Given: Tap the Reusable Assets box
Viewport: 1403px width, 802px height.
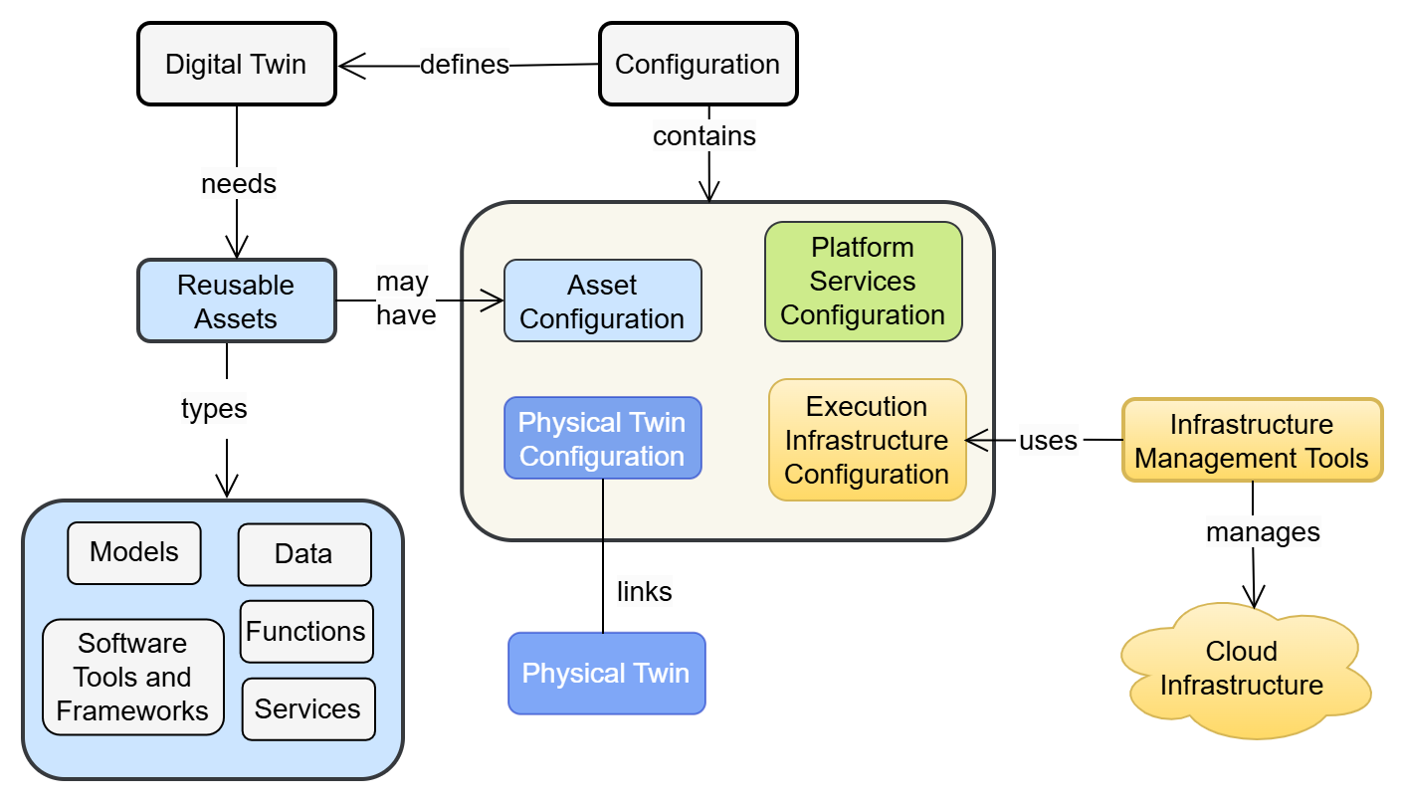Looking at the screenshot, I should pyautogui.click(x=236, y=301).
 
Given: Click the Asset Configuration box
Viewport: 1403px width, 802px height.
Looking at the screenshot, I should pyautogui.click(x=602, y=302).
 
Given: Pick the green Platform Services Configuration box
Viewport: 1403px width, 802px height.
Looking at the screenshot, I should pyautogui.click(x=863, y=282).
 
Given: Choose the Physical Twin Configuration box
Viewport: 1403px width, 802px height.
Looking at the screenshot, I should pyautogui.click(x=602, y=439).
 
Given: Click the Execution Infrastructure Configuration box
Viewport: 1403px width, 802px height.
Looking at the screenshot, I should pyautogui.click(x=867, y=440).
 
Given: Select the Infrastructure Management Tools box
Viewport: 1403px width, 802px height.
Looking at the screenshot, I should pyautogui.click(x=1252, y=441).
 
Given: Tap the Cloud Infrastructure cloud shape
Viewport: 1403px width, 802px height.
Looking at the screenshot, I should pyautogui.click(x=1243, y=669).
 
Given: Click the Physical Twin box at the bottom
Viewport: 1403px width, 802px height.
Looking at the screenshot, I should pyautogui.click(x=606, y=674).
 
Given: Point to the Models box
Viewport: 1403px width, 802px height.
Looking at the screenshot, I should pyautogui.click(x=134, y=553).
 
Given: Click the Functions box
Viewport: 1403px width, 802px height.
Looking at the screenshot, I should pyautogui.click(x=306, y=632).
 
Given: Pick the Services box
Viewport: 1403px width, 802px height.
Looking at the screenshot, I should pyautogui.click(x=307, y=709).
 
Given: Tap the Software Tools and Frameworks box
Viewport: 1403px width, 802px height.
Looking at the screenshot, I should pyautogui.click(x=133, y=678).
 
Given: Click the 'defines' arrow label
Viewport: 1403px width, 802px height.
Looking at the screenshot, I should pyautogui.click(x=464, y=65).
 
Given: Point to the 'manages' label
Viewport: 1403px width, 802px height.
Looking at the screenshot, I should pyautogui.click(x=1263, y=532).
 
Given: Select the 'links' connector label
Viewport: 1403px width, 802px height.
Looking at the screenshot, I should pyautogui.click(x=644, y=592).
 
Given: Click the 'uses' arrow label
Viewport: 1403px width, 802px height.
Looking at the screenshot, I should pyautogui.click(x=1048, y=440).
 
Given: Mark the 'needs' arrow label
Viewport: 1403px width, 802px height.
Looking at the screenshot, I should pyautogui.click(x=238, y=184).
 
